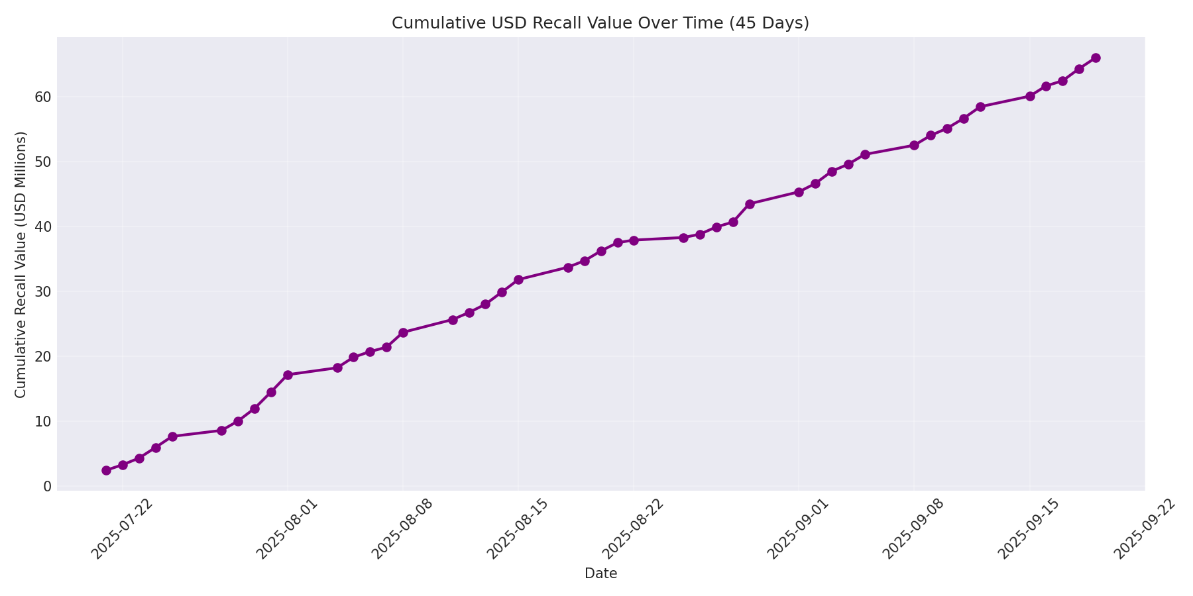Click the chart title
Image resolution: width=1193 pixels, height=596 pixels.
click(x=600, y=23)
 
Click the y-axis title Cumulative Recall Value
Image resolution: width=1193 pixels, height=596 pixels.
click(x=21, y=265)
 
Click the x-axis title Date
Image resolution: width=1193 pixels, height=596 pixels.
click(x=600, y=573)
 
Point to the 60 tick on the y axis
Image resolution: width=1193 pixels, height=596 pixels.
click(x=42, y=97)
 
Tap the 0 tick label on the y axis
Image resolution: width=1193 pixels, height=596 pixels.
click(x=47, y=487)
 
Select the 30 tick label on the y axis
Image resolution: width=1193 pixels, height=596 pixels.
click(x=42, y=292)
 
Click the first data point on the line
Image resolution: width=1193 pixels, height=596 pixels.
click(x=106, y=470)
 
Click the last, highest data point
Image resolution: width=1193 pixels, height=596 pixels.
click(x=1096, y=58)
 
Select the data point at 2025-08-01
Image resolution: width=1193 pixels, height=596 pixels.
click(x=288, y=375)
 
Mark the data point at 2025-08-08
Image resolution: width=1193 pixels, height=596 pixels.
click(x=403, y=332)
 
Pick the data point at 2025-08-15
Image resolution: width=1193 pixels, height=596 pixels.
click(x=518, y=279)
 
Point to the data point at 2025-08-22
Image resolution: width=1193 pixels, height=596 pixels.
click(x=634, y=240)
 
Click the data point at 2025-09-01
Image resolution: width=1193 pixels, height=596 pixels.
click(x=799, y=192)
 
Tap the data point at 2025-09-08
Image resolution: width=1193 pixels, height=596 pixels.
click(x=914, y=145)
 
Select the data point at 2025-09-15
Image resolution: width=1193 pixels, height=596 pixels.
click(x=1030, y=96)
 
